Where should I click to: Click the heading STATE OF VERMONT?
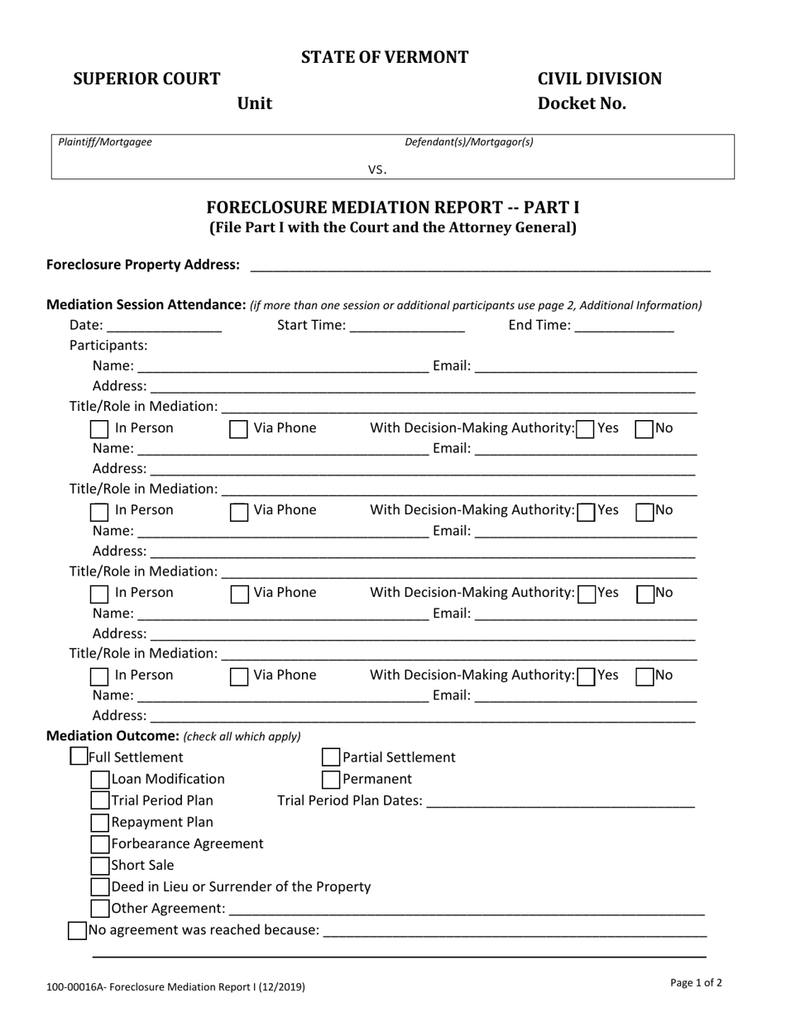pos(385,57)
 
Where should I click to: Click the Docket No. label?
pos(582,103)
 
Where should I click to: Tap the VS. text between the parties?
pos(377,169)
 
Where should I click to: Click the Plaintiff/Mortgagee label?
pos(105,142)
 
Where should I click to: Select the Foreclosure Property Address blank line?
pos(480,265)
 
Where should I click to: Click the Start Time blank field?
pos(407,326)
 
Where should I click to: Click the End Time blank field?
pos(624,326)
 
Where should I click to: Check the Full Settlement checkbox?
pos(79,757)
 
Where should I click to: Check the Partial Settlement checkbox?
pos(330,757)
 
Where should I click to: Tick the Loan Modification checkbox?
pos(100,779)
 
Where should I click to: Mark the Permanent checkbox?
pos(330,779)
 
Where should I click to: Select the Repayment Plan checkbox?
pos(100,822)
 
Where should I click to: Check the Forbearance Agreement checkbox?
pos(100,843)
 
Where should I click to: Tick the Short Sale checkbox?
pos(100,865)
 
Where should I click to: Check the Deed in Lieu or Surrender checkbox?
pos(100,886)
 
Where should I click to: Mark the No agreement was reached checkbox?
pos(77,930)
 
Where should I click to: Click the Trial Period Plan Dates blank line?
pos(561,801)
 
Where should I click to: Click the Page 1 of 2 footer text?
pos(696,983)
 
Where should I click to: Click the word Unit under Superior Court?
pos(255,103)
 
